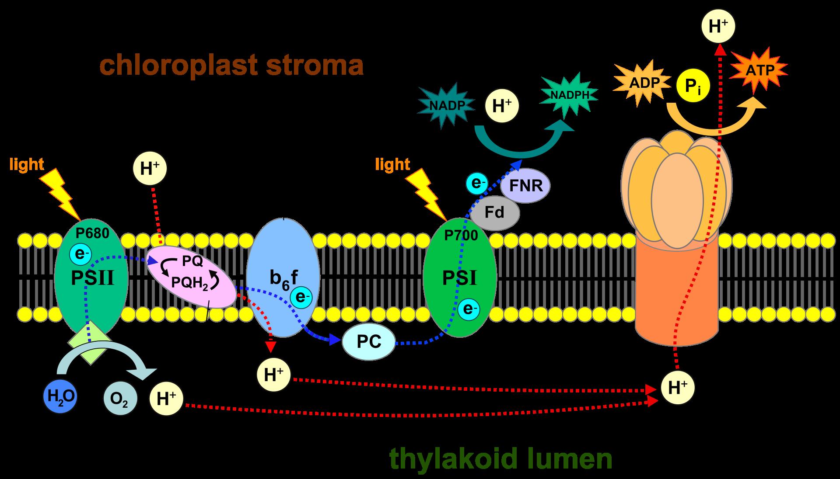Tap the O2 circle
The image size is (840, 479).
pos(120,399)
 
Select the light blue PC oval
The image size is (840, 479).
pos(368,342)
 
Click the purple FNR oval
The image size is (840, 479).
pos(525,185)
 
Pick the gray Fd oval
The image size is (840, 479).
pos(495,213)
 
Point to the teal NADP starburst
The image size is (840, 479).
pos(446,105)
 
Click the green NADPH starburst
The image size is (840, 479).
pos(568,96)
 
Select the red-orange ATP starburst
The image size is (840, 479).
pos(759,70)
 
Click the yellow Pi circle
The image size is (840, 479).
pos(693,86)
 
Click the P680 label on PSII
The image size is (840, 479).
pos(92,233)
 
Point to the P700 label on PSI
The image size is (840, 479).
pos(461,236)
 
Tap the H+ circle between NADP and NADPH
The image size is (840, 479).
pos(502,106)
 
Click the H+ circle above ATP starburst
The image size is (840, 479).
pos(718,26)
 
